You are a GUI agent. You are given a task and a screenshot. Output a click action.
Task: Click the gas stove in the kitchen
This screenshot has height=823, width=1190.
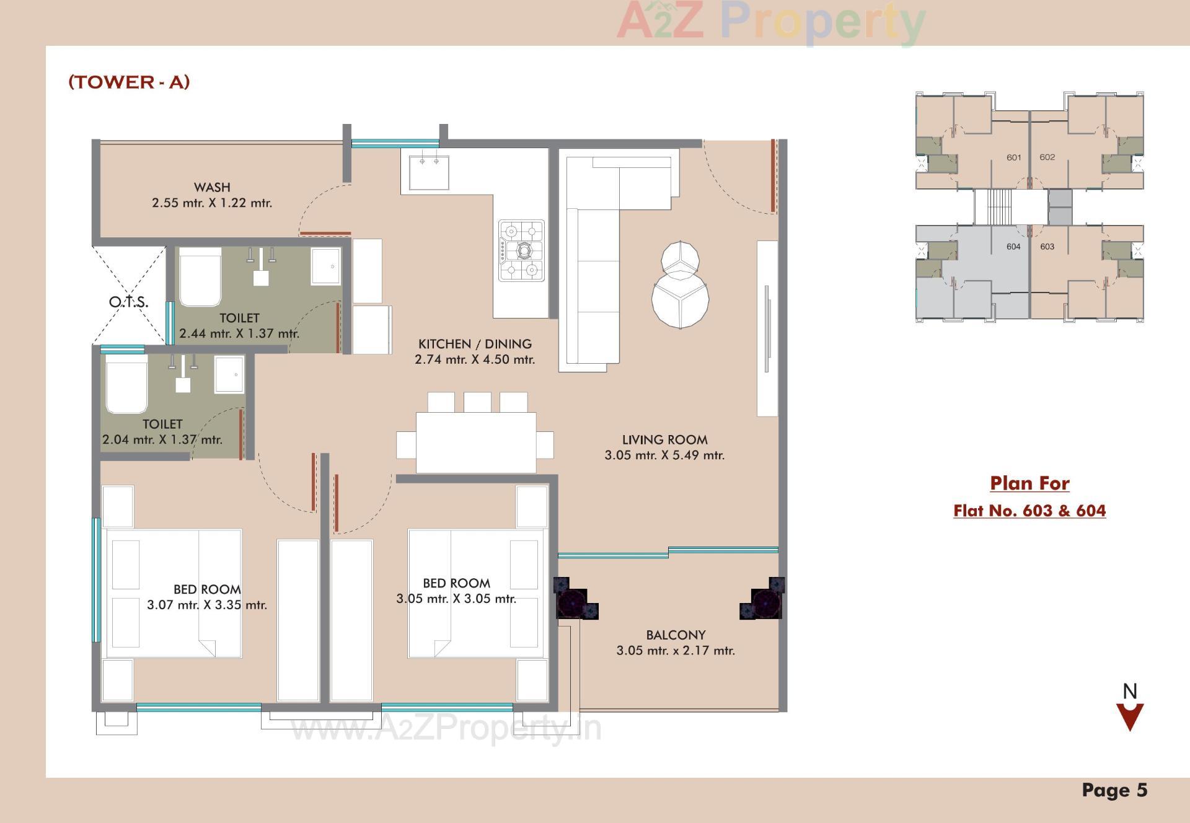coord(521,250)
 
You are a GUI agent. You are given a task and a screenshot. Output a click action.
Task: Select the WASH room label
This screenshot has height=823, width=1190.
coord(212,187)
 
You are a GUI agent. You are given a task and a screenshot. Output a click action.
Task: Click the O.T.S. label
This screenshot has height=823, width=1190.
coord(128,302)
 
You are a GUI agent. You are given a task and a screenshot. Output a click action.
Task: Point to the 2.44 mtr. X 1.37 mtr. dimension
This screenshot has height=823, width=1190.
coord(239,333)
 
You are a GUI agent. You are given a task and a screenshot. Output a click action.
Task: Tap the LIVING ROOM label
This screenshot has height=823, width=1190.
coord(664,440)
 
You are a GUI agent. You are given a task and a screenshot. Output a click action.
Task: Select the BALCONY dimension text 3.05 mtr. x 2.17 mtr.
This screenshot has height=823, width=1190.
coord(676,651)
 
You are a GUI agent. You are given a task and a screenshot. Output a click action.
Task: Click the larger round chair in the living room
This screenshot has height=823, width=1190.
coord(680,301)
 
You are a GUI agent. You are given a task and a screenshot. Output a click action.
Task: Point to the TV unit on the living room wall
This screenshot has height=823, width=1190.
coord(767,328)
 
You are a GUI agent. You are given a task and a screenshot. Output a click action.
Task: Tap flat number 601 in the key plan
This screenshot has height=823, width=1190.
coord(1013,157)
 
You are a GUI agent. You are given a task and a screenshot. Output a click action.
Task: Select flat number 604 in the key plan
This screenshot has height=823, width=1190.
coord(1013,247)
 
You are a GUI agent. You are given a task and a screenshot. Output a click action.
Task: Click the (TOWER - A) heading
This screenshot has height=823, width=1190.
coord(129,82)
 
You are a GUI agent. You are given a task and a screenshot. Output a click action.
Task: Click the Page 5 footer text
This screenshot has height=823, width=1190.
coord(1114,790)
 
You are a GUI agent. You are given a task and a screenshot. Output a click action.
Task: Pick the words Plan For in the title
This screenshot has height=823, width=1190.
coord(1029,483)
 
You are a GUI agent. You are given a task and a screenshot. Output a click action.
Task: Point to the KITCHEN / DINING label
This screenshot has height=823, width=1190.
coord(475,344)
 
